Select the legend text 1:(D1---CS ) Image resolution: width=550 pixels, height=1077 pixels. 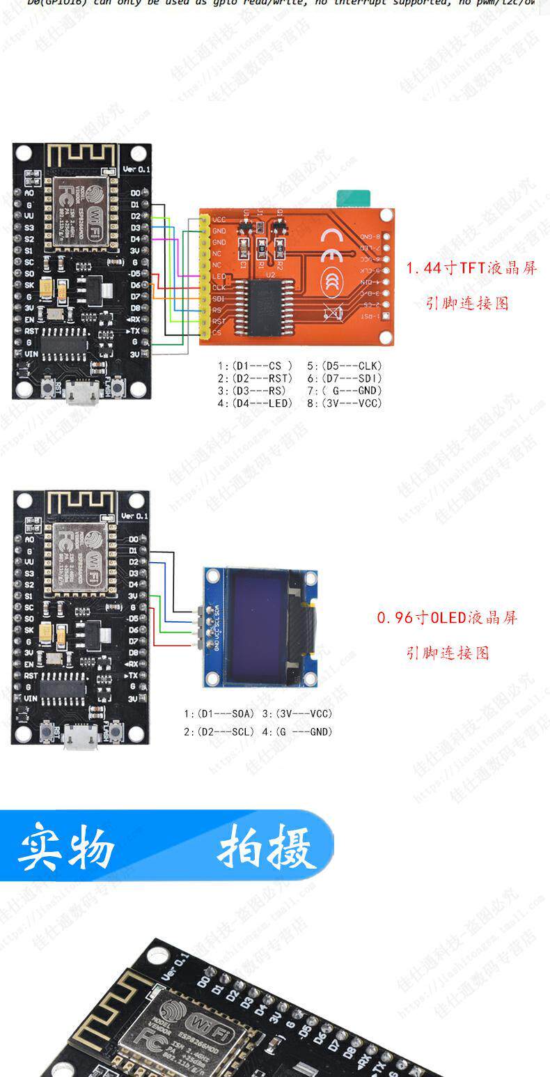[255, 366]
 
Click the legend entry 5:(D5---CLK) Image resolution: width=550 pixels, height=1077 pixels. [344, 366]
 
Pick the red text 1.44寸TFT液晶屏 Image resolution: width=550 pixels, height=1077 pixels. [471, 268]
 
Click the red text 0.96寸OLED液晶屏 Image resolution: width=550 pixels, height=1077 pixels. [447, 618]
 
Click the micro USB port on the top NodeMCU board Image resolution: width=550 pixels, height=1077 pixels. [81, 395]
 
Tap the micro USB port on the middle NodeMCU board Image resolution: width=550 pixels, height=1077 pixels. [81, 738]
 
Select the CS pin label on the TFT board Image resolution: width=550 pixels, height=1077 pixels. [217, 333]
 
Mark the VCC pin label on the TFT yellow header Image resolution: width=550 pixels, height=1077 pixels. [219, 220]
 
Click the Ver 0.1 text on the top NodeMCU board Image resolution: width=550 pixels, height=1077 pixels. [136, 169]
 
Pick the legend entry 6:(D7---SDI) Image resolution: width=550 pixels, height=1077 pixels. [344, 378]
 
